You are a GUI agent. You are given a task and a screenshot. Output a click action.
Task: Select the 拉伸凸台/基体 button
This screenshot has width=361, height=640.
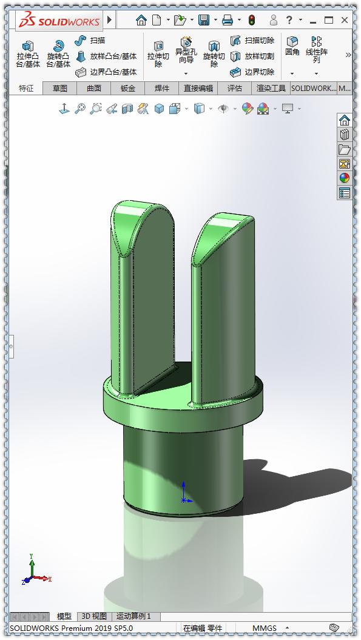click(x=28, y=53)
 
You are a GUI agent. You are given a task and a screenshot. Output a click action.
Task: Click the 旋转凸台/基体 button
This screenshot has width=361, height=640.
click(x=58, y=53)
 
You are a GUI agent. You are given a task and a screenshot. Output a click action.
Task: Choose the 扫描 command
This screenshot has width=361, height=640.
click(x=90, y=41)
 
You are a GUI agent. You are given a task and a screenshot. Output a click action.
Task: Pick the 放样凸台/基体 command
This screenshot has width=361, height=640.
click(x=106, y=56)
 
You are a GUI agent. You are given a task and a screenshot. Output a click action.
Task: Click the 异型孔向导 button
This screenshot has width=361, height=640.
click(x=186, y=52)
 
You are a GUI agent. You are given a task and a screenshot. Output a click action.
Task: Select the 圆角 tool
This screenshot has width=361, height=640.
click(x=292, y=46)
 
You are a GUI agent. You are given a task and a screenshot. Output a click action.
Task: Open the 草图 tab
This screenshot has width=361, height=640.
click(x=60, y=88)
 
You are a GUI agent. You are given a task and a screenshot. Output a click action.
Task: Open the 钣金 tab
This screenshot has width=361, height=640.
click(x=128, y=88)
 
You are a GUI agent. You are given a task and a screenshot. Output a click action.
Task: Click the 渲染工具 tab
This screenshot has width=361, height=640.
click(x=271, y=88)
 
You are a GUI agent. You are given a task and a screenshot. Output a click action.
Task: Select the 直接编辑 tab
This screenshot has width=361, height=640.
click(x=198, y=88)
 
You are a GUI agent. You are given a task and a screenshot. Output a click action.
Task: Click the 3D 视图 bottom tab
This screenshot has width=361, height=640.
click(x=94, y=616)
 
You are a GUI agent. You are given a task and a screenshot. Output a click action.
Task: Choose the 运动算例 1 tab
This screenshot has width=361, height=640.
click(x=133, y=616)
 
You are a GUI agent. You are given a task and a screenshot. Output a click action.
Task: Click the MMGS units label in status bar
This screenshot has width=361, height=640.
click(x=265, y=628)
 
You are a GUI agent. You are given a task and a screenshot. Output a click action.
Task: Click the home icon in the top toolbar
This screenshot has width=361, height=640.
click(x=141, y=20)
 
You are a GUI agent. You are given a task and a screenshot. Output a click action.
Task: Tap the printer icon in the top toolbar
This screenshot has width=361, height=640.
click(x=228, y=20)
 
